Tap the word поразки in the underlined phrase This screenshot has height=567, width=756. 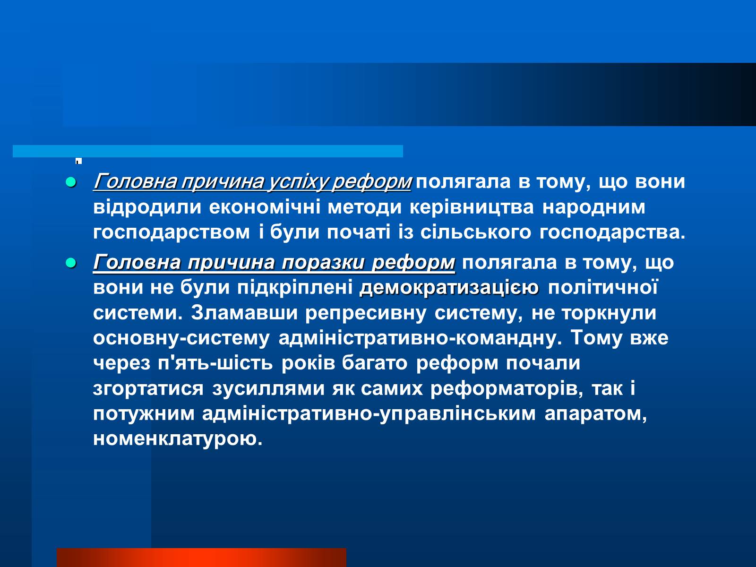(323, 263)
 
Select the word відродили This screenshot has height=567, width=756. (147, 207)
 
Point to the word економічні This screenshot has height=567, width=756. (265, 207)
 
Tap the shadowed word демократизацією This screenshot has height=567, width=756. (449, 288)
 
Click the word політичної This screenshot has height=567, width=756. (603, 287)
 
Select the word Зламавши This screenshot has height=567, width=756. (244, 313)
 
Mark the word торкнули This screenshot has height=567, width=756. (609, 313)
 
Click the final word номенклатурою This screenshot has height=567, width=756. (178, 439)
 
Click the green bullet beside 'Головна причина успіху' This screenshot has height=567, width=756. (70, 182)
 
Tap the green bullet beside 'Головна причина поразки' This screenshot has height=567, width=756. (70, 263)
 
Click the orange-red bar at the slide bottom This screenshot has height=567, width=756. (201, 558)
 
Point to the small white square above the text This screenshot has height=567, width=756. (78, 161)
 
